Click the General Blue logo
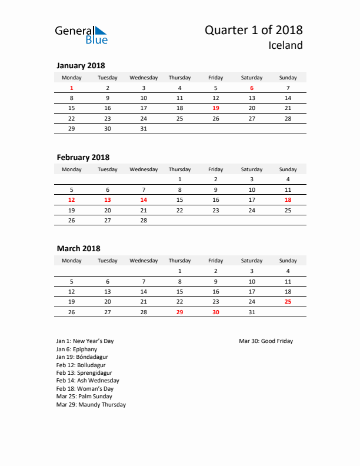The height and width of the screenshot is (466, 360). tap(81, 35)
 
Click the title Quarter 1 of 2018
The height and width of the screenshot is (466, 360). tap(254, 30)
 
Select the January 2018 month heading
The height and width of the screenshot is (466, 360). tap(81, 65)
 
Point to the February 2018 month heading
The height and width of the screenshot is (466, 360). tap(83, 157)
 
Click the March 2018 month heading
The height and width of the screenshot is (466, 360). tap(78, 249)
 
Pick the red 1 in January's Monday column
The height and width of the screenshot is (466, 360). tap(72, 88)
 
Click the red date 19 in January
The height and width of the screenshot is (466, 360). tap(216, 108)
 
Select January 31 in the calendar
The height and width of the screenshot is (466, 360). tap(144, 128)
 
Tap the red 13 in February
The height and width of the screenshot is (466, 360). tap(108, 200)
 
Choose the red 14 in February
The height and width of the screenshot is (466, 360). tap(144, 200)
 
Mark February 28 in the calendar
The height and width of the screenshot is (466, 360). tap(144, 221)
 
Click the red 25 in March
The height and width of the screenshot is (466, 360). tap(288, 302)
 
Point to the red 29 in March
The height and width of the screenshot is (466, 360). tap(179, 312)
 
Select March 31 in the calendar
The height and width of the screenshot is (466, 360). tap(252, 312)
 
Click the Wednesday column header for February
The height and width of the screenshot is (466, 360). tap(144, 169)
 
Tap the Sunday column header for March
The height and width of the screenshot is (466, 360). tap(288, 261)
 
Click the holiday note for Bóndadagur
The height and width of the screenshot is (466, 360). tap(82, 357)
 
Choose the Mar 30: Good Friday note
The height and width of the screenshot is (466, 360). tap(266, 341)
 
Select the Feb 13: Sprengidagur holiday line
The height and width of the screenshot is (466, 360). tap(84, 372)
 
